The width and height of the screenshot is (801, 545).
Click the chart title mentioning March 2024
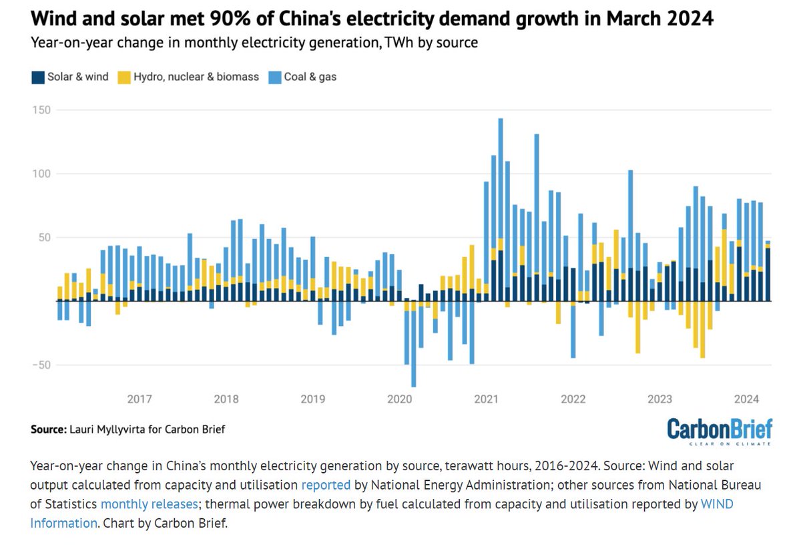(372, 19)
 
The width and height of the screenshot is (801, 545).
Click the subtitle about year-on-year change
(254, 43)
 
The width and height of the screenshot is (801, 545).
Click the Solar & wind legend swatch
(37, 77)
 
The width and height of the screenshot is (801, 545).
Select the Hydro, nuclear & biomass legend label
(196, 77)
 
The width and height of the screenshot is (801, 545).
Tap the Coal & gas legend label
(310, 77)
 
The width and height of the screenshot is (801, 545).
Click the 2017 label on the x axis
(139, 399)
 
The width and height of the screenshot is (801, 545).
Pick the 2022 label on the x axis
(573, 399)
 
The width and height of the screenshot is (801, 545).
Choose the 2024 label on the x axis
(746, 399)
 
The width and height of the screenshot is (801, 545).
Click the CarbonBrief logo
(720, 430)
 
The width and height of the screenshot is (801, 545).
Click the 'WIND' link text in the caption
(717, 504)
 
